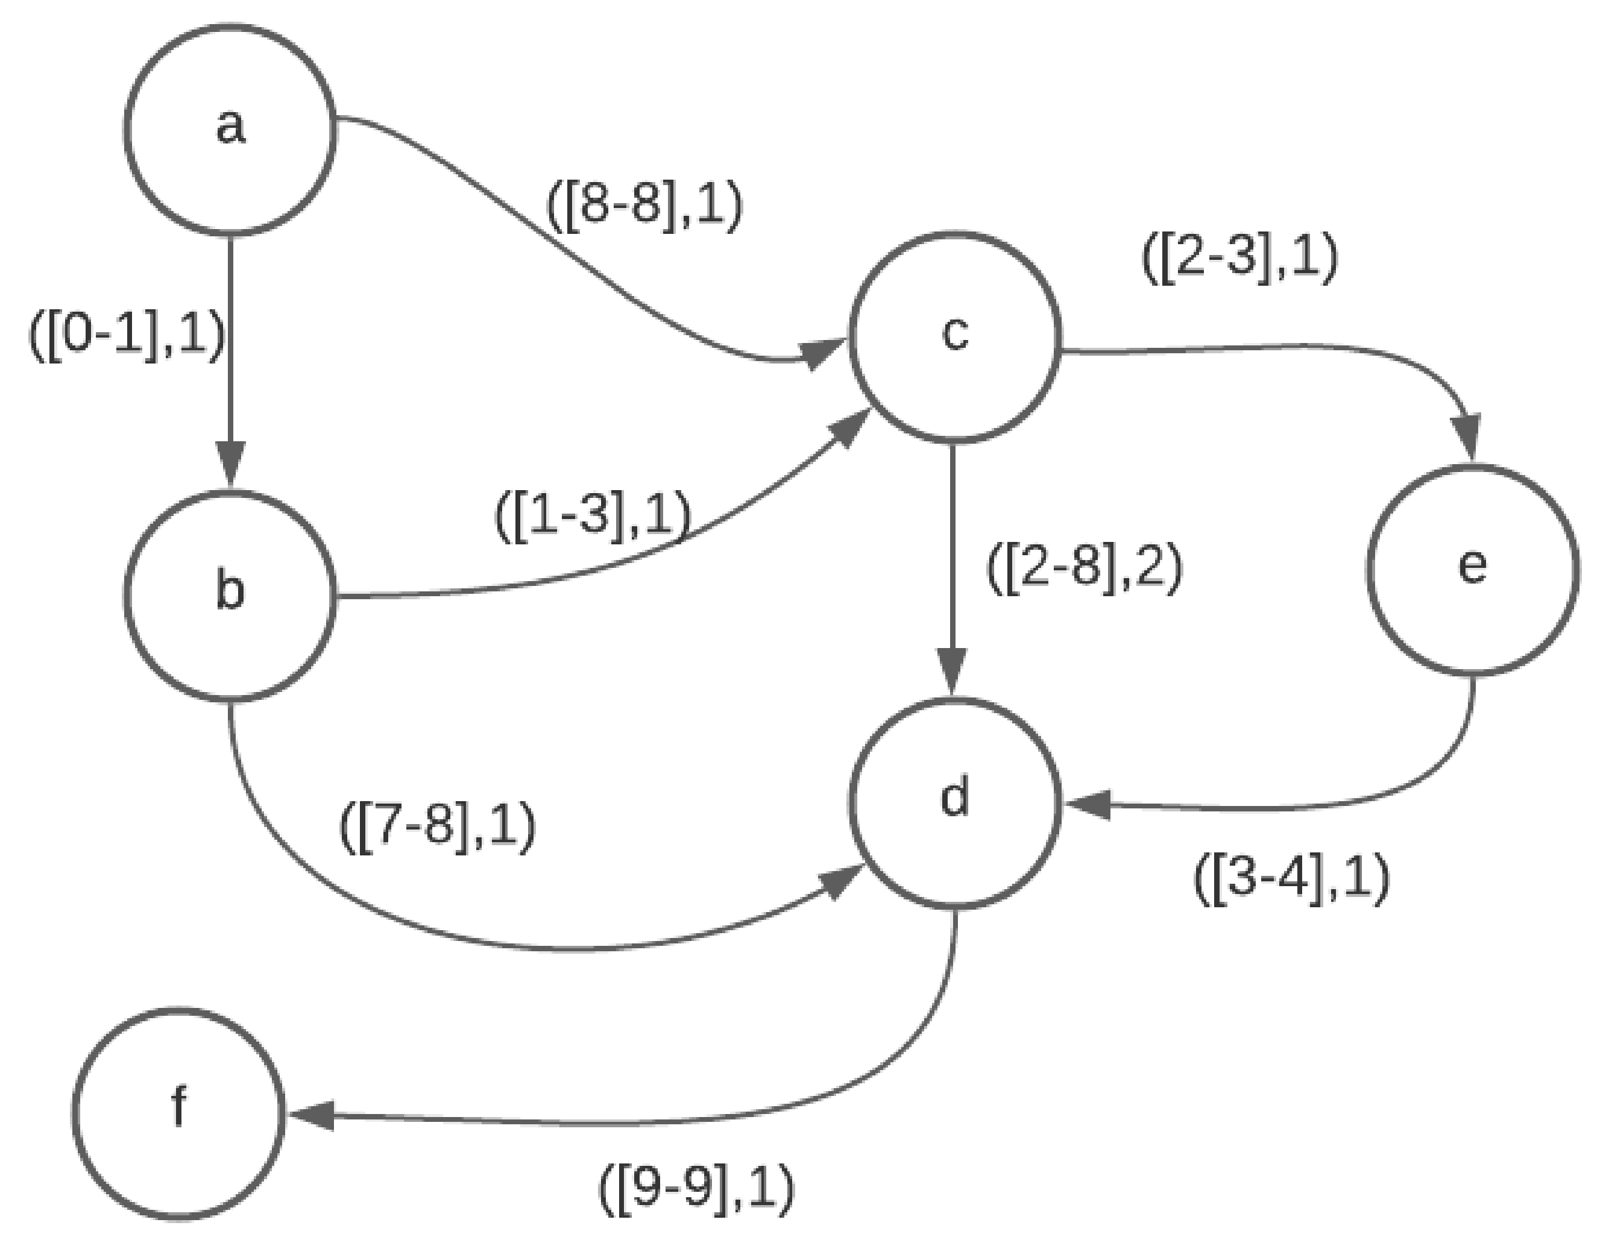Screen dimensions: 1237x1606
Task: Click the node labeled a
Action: pyautogui.click(x=230, y=130)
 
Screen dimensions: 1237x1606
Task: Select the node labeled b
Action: pyautogui.click(x=230, y=596)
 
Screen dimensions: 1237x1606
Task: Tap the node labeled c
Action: pyautogui.click(x=954, y=338)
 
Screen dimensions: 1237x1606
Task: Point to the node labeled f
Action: pyautogui.click(x=178, y=1113)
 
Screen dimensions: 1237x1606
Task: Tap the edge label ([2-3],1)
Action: pyautogui.click(x=1239, y=260)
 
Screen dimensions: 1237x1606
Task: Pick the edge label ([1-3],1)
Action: pyautogui.click(x=593, y=517)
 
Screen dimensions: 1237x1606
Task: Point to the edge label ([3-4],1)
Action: pyautogui.click(x=1291, y=880)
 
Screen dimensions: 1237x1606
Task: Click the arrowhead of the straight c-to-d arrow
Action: pyautogui.click(x=954, y=672)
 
